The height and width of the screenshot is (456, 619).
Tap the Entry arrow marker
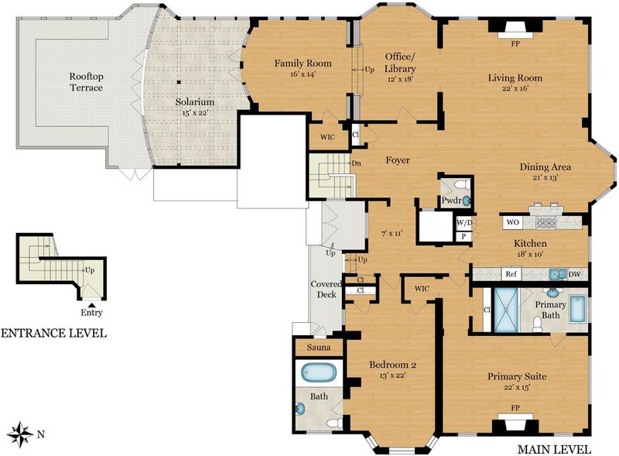(91, 305)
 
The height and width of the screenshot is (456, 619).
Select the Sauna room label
(319, 348)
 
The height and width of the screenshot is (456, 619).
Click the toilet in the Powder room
(462, 184)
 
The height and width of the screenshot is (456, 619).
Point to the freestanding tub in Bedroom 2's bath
(319, 372)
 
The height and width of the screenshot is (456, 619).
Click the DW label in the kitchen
(574, 274)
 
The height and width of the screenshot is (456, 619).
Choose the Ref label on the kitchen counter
(511, 274)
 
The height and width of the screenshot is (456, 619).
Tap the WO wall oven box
(512, 222)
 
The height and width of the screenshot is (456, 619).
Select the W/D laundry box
(464, 223)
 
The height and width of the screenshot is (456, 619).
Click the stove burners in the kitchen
(545, 222)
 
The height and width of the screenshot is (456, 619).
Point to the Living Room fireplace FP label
(515, 44)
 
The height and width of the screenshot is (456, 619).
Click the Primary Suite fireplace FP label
(515, 407)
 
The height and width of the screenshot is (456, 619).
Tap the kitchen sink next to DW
(557, 273)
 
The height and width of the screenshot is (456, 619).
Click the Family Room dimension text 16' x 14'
(303, 74)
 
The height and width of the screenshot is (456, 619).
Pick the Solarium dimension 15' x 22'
(195, 112)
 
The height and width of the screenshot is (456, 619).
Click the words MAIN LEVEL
(554, 449)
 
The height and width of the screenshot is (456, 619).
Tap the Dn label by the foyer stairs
(356, 163)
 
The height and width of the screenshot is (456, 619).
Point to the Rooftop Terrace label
(86, 82)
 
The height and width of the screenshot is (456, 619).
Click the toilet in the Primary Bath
(537, 324)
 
